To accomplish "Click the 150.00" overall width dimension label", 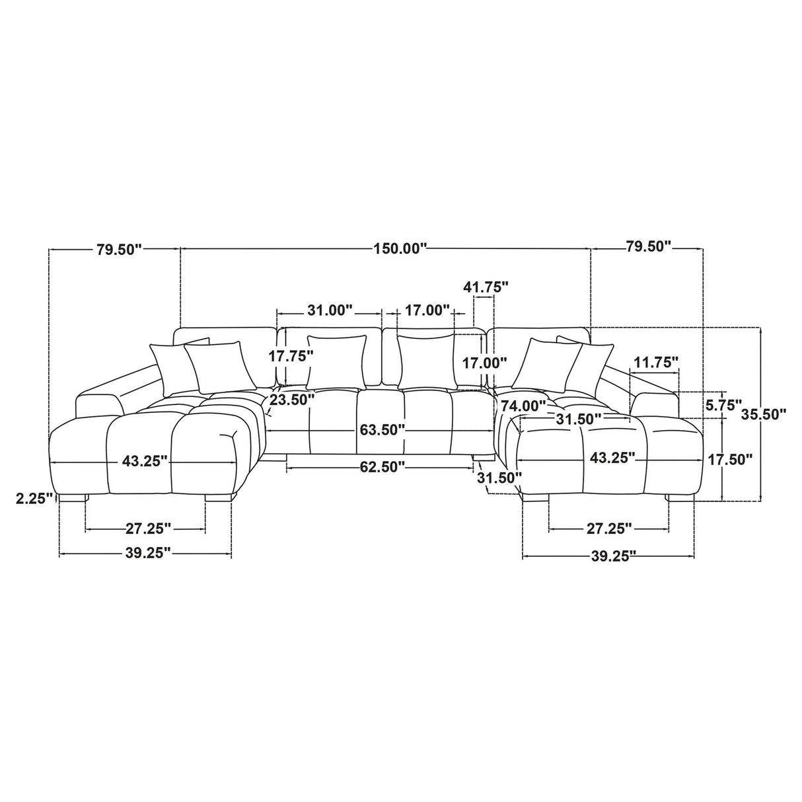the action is pyautogui.click(x=400, y=249).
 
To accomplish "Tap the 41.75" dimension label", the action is pyautogui.click(x=486, y=287).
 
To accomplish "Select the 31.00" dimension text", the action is pyautogui.click(x=330, y=310).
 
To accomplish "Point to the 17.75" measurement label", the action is pyautogui.click(x=290, y=356).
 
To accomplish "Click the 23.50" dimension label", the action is pyautogui.click(x=291, y=400).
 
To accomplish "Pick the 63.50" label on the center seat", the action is pyautogui.click(x=382, y=429).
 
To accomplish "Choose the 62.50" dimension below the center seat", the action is pyautogui.click(x=382, y=466).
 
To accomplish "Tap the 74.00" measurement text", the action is pyautogui.click(x=523, y=405).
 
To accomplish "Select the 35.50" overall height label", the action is pyautogui.click(x=764, y=414).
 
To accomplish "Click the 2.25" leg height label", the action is pyautogui.click(x=35, y=498).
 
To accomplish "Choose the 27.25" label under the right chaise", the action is pyautogui.click(x=609, y=529).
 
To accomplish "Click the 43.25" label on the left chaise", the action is pyautogui.click(x=145, y=460).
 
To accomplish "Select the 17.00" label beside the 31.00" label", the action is pyautogui.click(x=427, y=310).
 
